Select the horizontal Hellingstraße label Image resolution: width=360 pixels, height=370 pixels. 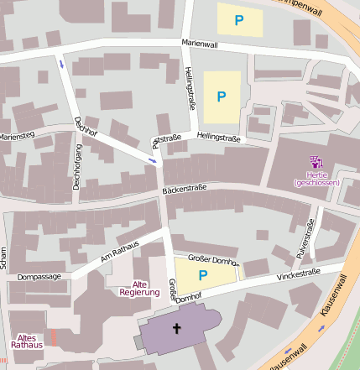(221, 135)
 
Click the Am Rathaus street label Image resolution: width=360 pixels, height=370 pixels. (119, 249)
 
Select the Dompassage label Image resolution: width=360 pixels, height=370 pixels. (39, 275)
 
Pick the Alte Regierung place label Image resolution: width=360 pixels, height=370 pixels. (139, 288)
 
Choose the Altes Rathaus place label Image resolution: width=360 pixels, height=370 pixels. (27, 340)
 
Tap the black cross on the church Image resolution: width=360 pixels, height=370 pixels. (177, 328)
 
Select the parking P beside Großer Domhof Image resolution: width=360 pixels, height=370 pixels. (201, 274)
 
